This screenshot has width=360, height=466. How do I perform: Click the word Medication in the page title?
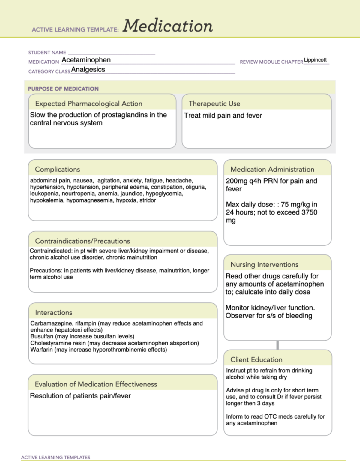168,26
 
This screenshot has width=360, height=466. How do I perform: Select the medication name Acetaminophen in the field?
86,60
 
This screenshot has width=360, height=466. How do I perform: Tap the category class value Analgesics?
88,70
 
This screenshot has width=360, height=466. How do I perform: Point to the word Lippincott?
315,60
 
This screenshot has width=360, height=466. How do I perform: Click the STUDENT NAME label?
47,53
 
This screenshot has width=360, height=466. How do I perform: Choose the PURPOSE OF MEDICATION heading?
63,89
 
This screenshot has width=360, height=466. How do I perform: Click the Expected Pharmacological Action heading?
88,104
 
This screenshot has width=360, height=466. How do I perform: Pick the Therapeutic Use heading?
214,104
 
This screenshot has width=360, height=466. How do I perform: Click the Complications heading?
57,169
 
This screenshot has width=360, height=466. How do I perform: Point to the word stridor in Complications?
148,200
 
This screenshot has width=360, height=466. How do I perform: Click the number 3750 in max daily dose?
309,212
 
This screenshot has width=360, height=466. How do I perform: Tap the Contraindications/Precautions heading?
82,241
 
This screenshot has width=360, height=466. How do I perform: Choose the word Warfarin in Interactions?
41,350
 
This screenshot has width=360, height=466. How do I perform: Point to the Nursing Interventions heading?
264,265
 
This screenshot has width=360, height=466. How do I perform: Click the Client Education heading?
256,360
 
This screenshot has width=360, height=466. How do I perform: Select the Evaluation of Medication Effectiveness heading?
96,384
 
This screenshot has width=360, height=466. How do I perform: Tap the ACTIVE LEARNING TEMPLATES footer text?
56,458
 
